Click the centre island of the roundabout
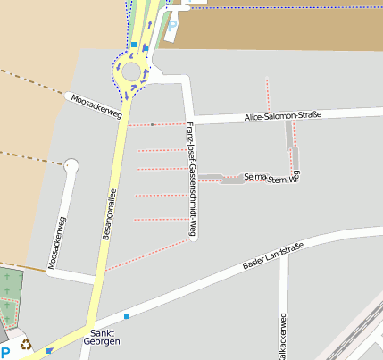tap(131, 71)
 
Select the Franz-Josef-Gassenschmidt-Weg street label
tap(191, 180)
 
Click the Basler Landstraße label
tap(273, 255)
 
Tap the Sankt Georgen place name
tap(101, 336)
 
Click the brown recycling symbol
tap(27, 342)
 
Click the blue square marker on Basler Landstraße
tap(127, 316)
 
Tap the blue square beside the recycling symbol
tap(48, 350)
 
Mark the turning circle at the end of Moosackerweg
tap(71, 165)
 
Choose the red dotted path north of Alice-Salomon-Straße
tap(268, 94)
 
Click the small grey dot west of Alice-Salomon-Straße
tap(153, 124)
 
